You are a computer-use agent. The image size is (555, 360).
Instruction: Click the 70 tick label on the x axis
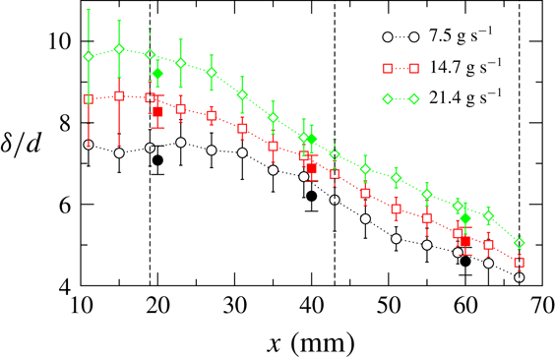pos(542,308)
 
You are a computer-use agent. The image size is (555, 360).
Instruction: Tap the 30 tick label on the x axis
pos(235,308)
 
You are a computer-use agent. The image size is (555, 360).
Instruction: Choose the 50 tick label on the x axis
pos(389,308)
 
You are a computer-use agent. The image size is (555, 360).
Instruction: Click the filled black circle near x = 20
pos(157,160)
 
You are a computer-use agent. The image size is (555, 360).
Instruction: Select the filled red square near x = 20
pos(157,112)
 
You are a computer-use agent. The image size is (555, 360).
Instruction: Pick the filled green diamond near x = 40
pos(312,139)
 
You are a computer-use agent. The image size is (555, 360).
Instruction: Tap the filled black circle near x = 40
pos(312,196)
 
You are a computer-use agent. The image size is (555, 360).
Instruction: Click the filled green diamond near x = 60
pos(465,217)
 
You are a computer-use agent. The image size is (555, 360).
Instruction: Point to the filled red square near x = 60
pos(465,241)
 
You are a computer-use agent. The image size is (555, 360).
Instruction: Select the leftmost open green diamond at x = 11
pos(89,56)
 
